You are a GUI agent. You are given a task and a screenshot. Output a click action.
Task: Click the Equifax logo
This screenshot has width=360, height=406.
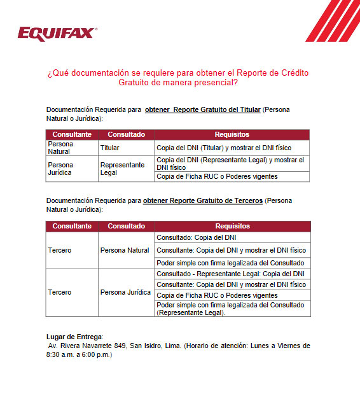click(57, 32)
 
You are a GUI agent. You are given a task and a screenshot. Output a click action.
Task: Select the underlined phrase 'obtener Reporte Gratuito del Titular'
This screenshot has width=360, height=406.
click(202, 109)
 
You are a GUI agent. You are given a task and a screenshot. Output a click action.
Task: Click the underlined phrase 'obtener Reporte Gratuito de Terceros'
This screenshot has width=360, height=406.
click(202, 200)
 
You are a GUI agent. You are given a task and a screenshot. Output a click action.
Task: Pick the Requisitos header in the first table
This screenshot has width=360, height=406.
click(232, 134)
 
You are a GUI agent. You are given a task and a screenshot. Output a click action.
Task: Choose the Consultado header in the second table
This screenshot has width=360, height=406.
click(126, 226)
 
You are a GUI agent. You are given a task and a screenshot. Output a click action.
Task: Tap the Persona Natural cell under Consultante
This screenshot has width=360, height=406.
click(60, 148)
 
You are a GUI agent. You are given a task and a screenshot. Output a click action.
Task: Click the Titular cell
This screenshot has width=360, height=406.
click(110, 148)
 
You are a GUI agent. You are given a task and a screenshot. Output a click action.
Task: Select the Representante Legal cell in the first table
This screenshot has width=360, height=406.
click(122, 168)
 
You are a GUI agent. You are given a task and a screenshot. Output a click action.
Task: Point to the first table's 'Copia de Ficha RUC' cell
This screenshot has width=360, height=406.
click(217, 176)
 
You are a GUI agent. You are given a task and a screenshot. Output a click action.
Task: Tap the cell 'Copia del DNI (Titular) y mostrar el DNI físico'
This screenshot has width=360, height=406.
click(225, 148)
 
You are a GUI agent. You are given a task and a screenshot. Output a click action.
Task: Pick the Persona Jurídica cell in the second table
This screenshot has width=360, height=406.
click(125, 292)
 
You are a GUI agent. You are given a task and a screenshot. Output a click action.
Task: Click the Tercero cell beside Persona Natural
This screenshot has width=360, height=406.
click(60, 250)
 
